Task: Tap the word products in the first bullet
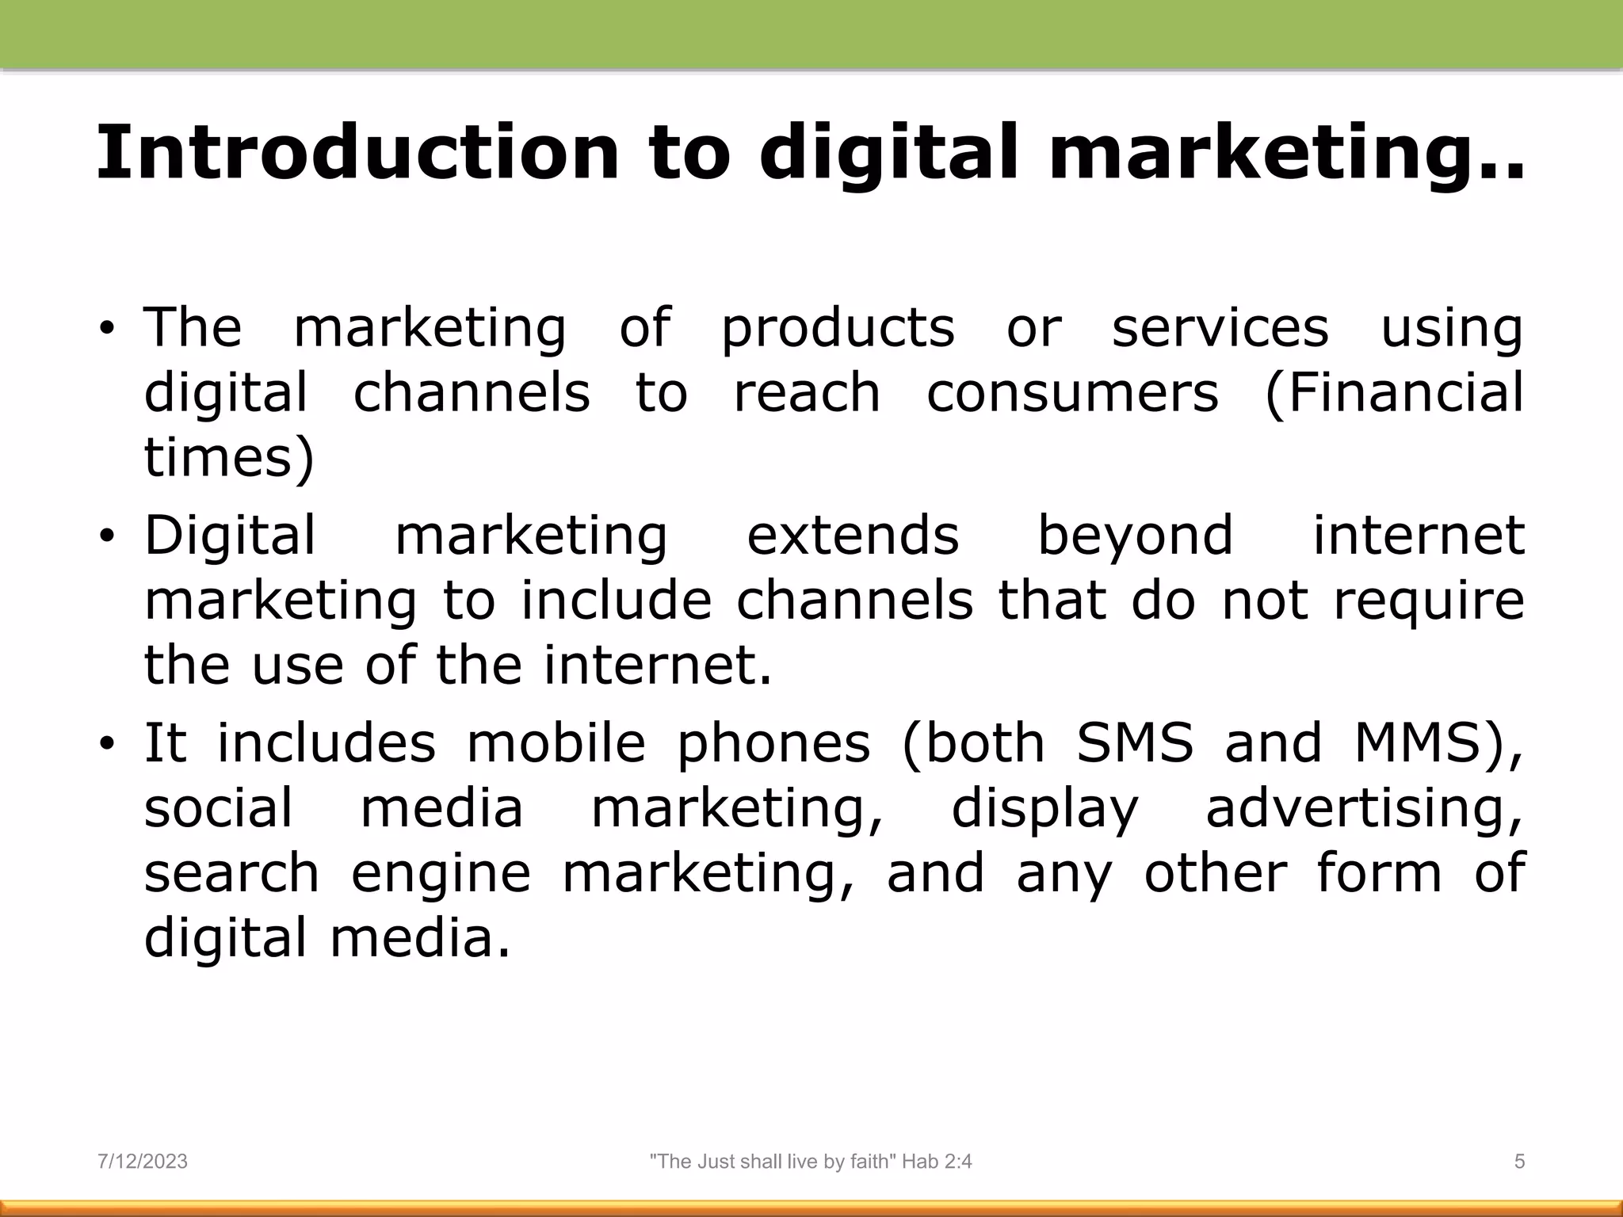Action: [x=838, y=328]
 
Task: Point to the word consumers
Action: [x=1072, y=393]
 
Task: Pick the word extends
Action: [x=853, y=535]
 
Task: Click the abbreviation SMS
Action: [x=1135, y=743]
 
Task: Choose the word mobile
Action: [x=556, y=743]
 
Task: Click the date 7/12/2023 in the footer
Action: [x=143, y=1162]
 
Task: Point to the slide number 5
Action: [x=1519, y=1162]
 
